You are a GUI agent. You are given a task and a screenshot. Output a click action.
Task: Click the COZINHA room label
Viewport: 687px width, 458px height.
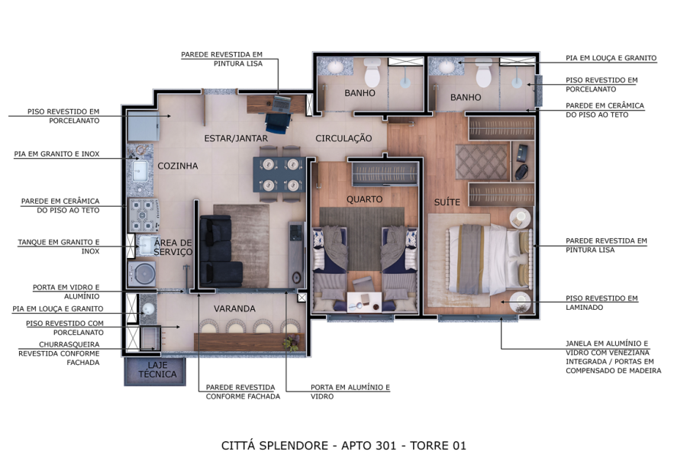click(x=177, y=166)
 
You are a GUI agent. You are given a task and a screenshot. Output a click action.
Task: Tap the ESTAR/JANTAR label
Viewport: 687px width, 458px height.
click(x=236, y=138)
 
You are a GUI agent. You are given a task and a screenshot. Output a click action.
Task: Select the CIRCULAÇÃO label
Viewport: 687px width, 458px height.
click(x=343, y=138)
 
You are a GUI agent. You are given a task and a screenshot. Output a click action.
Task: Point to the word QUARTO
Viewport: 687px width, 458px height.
click(x=365, y=199)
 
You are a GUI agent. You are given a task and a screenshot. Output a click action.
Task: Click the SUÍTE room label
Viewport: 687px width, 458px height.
click(x=447, y=202)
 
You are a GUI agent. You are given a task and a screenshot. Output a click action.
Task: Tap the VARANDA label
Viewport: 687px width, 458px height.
click(x=234, y=308)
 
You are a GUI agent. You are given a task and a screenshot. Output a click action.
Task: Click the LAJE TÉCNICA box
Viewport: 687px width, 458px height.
click(x=155, y=371)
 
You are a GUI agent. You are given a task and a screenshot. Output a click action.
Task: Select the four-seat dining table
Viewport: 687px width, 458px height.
click(x=279, y=174)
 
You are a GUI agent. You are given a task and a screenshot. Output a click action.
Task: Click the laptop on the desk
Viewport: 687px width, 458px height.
click(x=281, y=104)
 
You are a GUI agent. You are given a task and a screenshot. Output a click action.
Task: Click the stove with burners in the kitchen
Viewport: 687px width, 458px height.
click(x=144, y=214)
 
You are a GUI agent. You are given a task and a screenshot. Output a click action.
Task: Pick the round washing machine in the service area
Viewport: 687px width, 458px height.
click(x=141, y=274)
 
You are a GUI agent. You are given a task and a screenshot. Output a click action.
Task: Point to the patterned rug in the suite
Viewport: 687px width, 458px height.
click(x=482, y=162)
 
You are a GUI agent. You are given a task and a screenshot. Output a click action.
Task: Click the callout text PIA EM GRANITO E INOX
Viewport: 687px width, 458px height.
click(x=56, y=154)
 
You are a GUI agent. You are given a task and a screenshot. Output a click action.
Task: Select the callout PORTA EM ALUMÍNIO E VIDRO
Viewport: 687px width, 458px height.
click(x=350, y=392)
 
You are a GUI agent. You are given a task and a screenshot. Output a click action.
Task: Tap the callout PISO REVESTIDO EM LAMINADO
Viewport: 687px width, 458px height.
click(x=602, y=303)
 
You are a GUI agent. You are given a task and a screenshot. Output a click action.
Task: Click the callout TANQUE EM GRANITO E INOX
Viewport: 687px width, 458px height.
click(x=59, y=247)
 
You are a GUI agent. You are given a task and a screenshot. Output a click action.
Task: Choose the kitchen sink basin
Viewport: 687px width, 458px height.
click(x=140, y=171)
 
